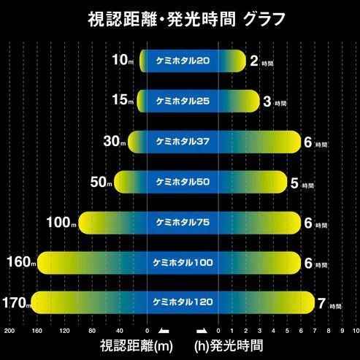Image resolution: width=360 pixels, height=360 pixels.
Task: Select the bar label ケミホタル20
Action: click(183, 61)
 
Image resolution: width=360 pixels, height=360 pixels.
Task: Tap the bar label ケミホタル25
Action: click(183, 101)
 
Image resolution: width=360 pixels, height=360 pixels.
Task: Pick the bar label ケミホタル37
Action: click(183, 141)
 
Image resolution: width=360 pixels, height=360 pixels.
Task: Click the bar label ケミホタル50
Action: click(183, 180)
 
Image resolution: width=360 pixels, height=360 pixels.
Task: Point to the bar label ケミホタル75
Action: click(183, 221)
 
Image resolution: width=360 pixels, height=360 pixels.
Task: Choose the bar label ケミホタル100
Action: click(183, 261)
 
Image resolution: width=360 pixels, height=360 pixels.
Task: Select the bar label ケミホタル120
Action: click(183, 300)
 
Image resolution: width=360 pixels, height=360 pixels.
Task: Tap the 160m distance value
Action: click(20, 261)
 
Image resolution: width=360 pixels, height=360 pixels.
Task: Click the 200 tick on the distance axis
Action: click(9, 331)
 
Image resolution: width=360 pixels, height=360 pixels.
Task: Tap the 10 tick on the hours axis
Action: click(354, 331)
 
